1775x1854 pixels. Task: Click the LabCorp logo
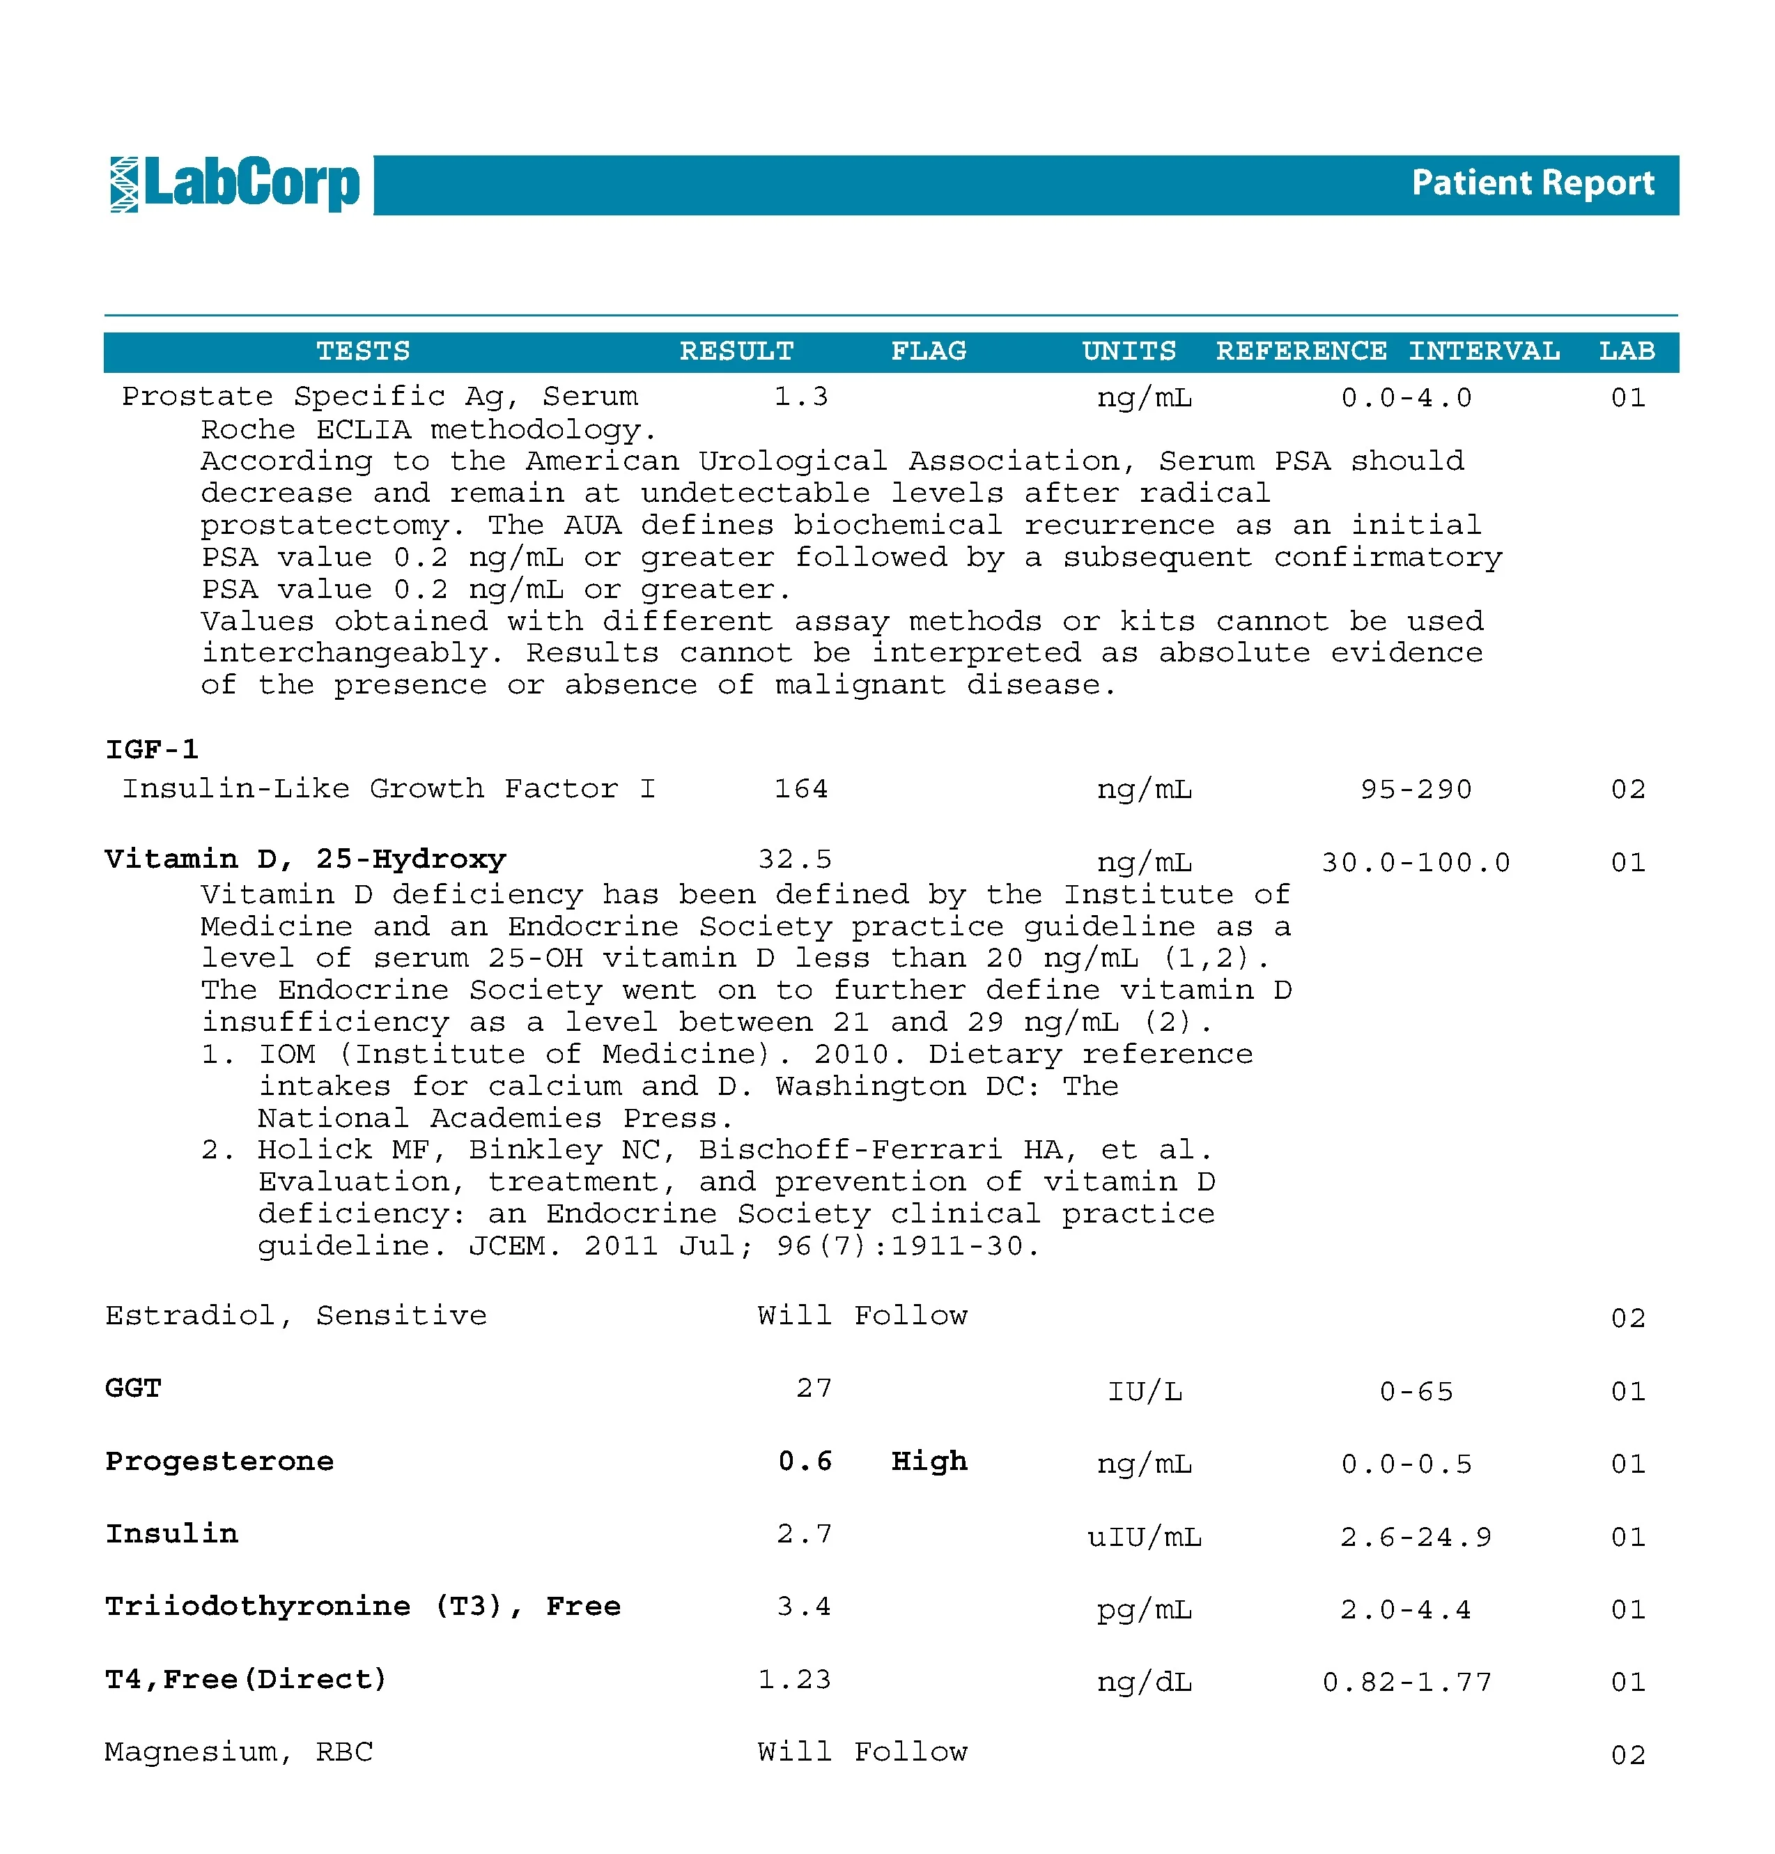235,185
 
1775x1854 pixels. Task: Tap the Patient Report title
1532,183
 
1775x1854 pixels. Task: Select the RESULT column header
736,351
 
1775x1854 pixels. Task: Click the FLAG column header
928,351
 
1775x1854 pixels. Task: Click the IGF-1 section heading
151,749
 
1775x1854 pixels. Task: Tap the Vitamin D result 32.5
794,859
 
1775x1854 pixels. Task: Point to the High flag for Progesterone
929,1462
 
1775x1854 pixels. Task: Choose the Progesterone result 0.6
805,1462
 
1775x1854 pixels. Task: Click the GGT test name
133,1388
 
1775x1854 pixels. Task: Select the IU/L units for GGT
1145,1391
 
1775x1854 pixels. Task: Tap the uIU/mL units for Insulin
1145,1537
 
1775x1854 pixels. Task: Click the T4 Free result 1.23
794,1679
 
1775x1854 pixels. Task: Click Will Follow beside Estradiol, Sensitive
862,1316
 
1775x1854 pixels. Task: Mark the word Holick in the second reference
314,1150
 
